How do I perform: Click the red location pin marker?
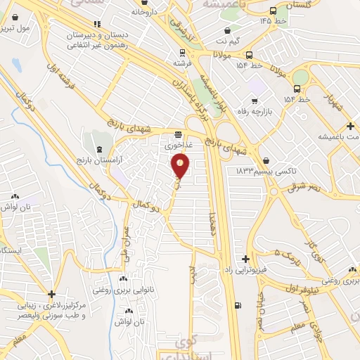181,165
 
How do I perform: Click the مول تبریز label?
18,30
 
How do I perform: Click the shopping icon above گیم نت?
227,31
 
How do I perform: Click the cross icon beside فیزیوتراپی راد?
245,259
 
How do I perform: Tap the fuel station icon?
236,305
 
